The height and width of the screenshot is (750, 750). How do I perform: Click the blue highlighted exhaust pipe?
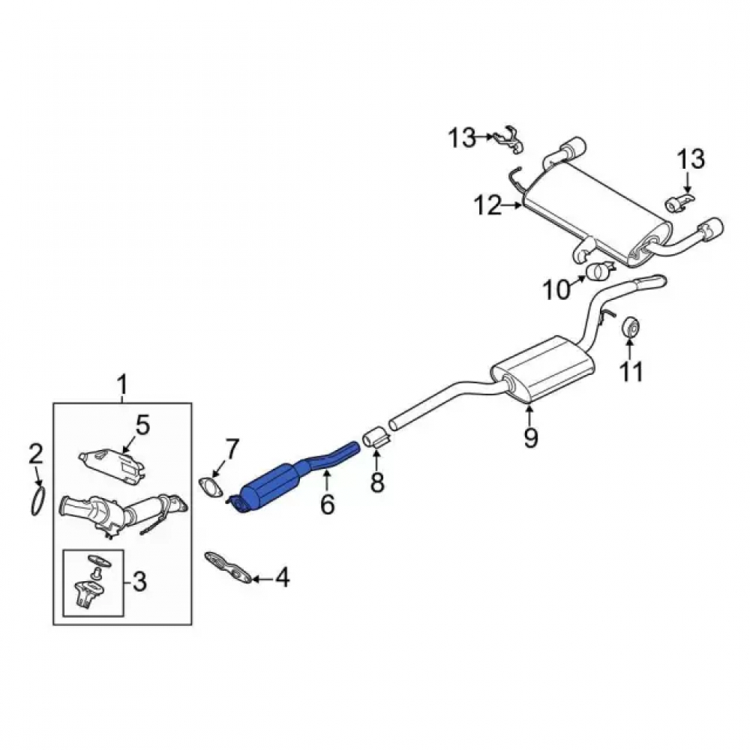pos(277,482)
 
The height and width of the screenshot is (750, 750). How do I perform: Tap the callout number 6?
pos(327,504)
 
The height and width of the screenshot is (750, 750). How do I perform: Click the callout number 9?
pos(530,436)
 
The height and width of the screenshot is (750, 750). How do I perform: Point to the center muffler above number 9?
pos(543,368)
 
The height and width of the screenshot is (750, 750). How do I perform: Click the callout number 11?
pos(631,371)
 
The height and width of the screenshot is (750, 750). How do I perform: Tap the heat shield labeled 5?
pos(112,463)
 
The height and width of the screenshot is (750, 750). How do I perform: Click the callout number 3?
pos(139,582)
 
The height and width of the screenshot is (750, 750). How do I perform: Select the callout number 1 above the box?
pos(122,385)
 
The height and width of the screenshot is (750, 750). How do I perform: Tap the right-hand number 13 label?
pos(691,159)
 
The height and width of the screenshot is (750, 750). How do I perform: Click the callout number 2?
pos(35,454)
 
